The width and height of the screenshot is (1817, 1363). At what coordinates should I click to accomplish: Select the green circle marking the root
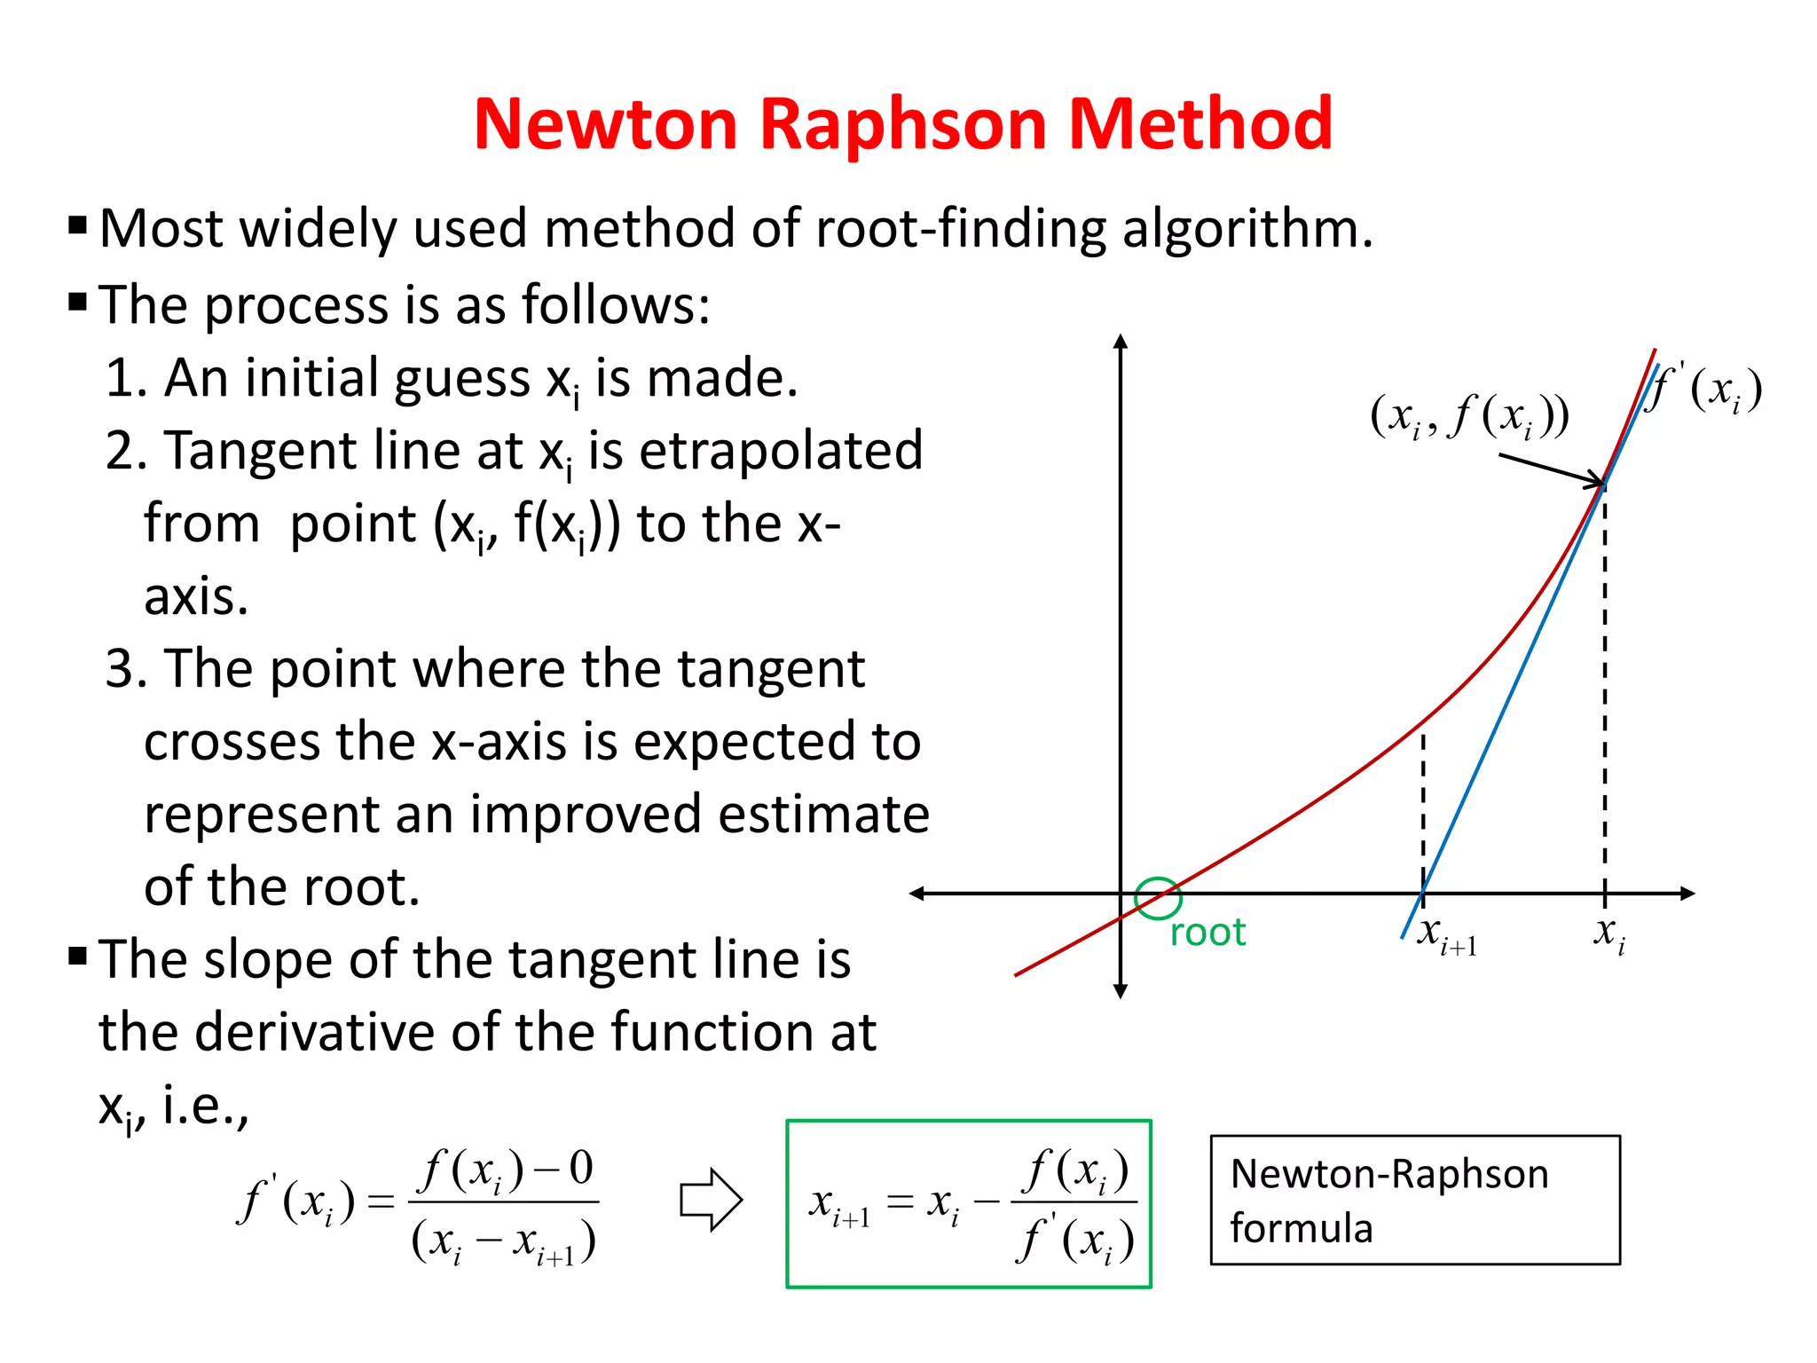pos(1158,898)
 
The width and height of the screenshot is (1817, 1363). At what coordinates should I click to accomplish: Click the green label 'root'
pos(1207,933)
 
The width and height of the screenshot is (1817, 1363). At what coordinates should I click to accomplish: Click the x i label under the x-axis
pos(1609,934)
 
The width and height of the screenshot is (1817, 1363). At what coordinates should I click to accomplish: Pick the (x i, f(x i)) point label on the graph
pos(1469,415)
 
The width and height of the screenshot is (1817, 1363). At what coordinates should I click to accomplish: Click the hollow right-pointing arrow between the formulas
pos(710,1200)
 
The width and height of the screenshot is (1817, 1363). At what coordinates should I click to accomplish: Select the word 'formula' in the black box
pos(1301,1229)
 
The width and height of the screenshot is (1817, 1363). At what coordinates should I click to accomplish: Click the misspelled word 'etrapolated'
pos(781,451)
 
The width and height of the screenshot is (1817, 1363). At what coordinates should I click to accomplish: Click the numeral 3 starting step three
pos(119,669)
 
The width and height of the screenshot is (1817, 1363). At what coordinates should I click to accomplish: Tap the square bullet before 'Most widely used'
pos(78,226)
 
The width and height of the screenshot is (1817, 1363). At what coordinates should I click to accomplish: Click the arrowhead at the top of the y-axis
pos(1121,343)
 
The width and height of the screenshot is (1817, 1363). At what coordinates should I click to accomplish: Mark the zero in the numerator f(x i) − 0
pos(580,1169)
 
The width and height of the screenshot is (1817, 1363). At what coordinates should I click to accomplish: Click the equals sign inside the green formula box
pos(900,1202)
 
